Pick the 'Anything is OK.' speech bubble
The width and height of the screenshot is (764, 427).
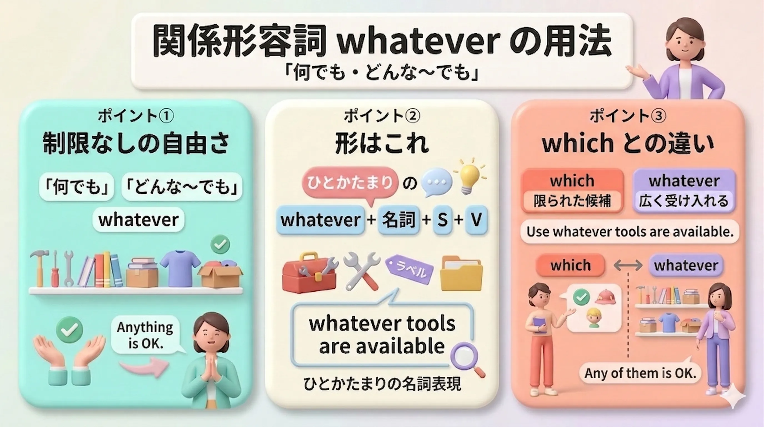[145, 335]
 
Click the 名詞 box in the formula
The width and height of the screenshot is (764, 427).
[399, 220]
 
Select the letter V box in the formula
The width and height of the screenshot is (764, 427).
[476, 220]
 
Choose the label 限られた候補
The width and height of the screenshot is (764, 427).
[572, 201]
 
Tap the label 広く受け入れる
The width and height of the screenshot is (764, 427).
[684, 201]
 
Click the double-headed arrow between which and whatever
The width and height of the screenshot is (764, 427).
[628, 265]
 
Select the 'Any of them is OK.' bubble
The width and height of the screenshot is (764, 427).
[640, 373]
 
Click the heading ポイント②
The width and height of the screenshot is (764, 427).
[382, 116]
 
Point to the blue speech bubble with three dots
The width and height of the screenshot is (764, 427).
[436, 182]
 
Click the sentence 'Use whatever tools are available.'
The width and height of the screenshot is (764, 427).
[630, 232]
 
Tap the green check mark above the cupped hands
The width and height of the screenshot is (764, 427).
[69, 329]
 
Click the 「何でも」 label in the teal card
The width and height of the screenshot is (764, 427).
[77, 187]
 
